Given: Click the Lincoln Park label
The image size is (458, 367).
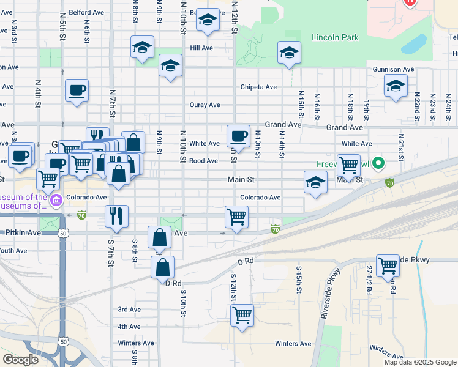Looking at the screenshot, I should [x=334, y=37].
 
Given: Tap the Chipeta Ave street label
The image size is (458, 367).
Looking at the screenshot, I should [x=258, y=87].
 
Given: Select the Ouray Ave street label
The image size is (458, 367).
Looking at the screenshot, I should [x=205, y=105].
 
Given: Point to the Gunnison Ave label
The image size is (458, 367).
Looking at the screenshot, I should [x=394, y=70].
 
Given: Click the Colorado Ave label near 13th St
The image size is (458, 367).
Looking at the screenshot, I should [x=260, y=198].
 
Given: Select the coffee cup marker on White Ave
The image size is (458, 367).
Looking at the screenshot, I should [x=238, y=136].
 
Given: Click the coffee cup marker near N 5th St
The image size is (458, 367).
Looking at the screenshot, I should [x=77, y=91].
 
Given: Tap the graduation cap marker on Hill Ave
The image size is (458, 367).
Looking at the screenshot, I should [x=142, y=46].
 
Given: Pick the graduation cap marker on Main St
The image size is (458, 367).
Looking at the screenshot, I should [x=315, y=182].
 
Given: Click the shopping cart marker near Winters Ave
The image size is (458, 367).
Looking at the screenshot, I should [x=242, y=315].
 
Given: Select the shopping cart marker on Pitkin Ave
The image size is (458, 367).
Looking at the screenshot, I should [x=237, y=216].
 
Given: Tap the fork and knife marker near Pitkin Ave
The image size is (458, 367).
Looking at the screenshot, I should [x=115, y=215].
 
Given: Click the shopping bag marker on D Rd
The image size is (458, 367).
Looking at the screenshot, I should [x=163, y=267].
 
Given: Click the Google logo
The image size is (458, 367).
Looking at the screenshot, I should [x=21, y=360].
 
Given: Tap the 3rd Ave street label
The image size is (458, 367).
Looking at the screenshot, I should [x=129, y=310].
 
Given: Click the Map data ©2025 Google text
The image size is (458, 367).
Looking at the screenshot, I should [x=419, y=362].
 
